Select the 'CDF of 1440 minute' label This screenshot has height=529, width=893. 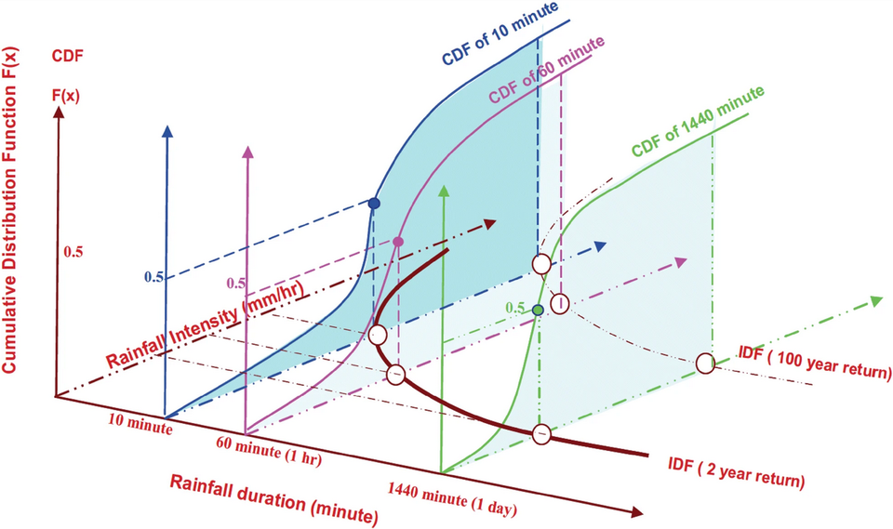(x=698, y=121)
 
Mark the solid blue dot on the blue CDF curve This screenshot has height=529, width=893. (x=374, y=203)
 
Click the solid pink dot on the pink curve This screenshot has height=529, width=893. (x=398, y=242)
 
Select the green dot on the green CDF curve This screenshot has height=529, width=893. (x=538, y=309)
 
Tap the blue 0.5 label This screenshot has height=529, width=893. (x=154, y=277)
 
